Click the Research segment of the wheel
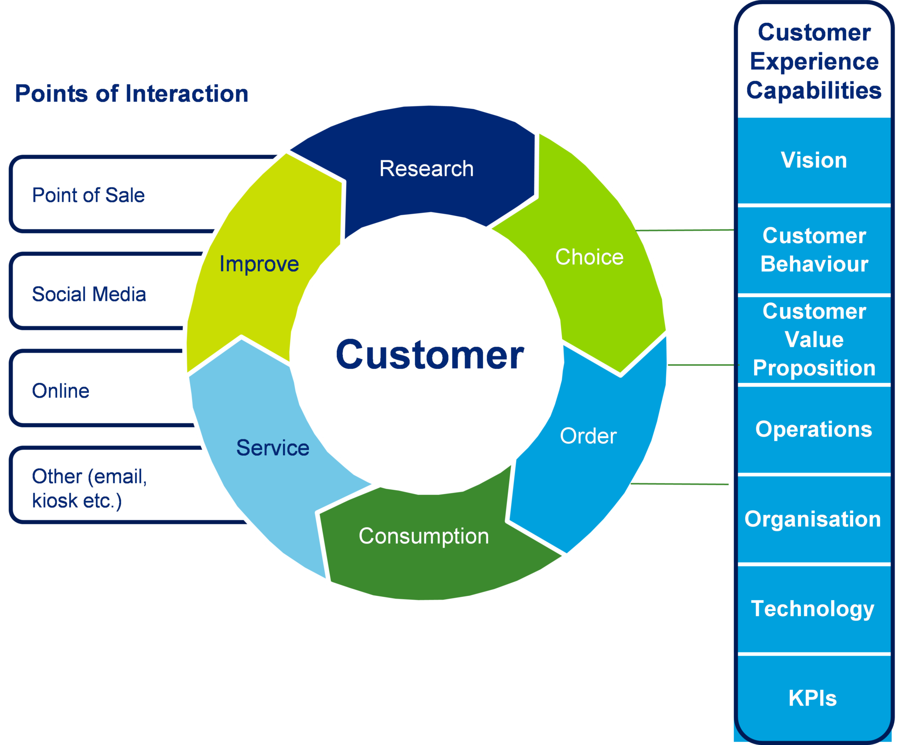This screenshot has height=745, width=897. coord(426,169)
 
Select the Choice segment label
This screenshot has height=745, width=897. coord(589,257)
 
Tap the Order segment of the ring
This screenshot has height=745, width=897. coord(588,436)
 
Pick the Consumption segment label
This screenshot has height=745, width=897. coord(424,536)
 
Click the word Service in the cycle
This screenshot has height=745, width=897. coord(273,448)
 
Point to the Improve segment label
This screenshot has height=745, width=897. coord(259,264)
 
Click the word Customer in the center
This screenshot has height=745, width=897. coord(430,355)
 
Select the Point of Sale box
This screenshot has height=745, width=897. coord(89,195)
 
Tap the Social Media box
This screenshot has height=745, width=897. coord(89,294)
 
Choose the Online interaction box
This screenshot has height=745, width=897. coord(61,391)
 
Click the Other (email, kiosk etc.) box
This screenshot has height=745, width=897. coord(89,488)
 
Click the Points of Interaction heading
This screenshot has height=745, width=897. coord(131,93)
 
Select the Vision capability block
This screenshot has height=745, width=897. coord(814,160)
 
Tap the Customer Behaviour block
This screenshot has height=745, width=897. coord(814,250)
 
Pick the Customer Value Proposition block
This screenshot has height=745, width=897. coord(814,340)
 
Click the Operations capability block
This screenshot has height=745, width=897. coord(814,429)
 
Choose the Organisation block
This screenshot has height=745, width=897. coord(813,519)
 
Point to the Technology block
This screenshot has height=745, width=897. coord(813,609)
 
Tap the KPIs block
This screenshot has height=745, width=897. coord(813,698)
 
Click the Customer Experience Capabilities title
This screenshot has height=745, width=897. coord(814,61)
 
